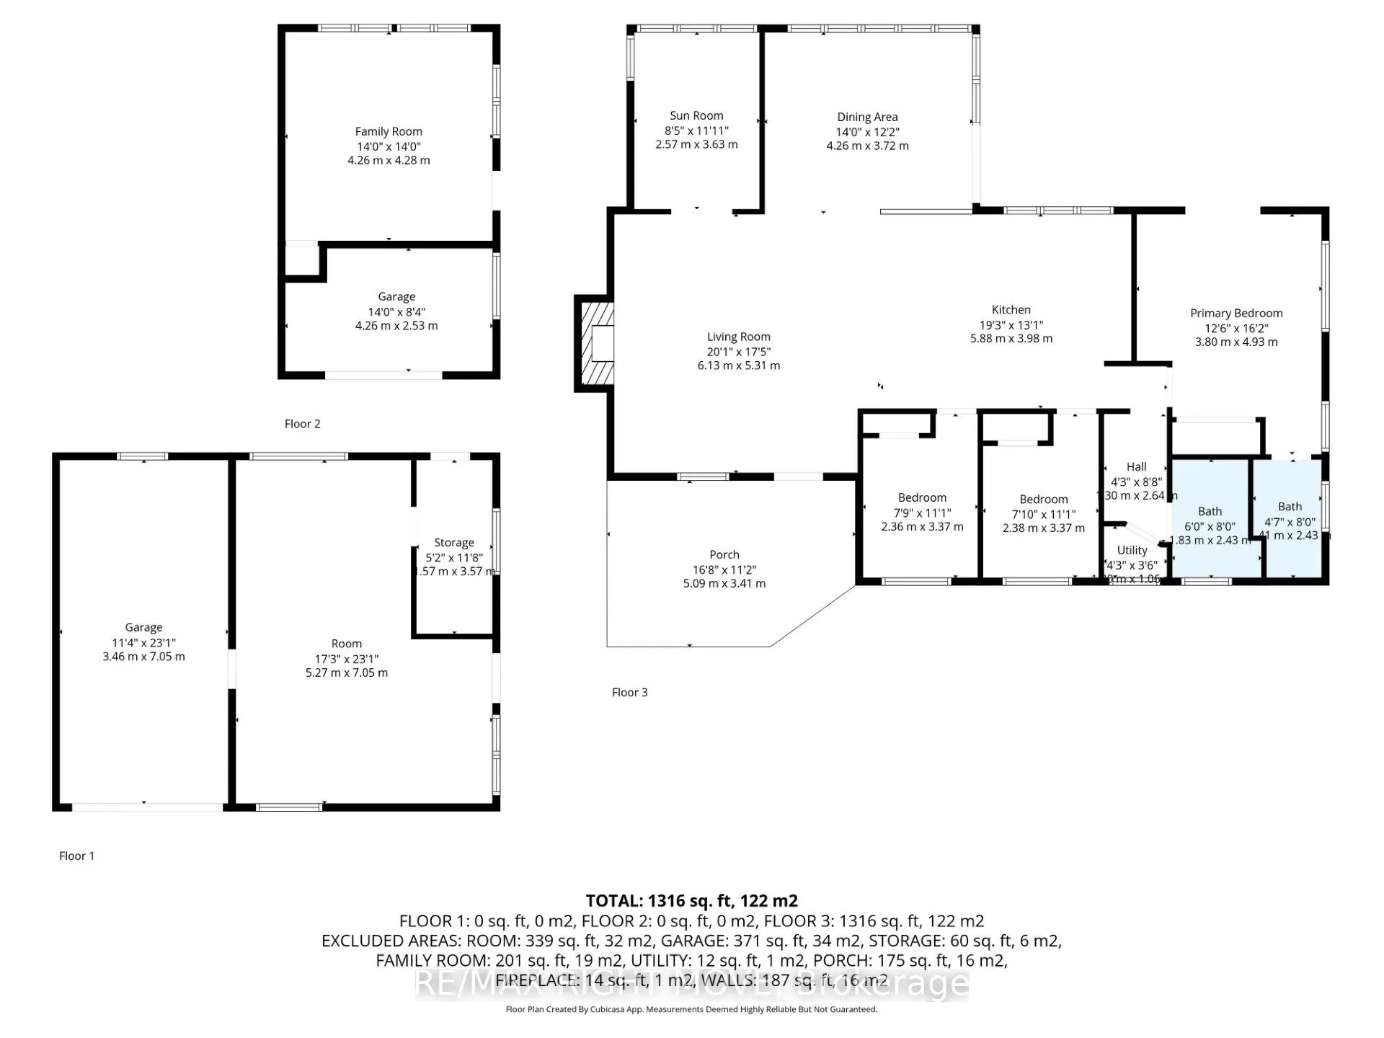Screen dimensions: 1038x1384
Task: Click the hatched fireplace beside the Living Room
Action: click(x=595, y=343)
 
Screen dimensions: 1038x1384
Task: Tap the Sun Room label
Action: click(x=696, y=115)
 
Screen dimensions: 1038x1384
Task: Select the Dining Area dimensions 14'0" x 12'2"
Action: click(x=867, y=132)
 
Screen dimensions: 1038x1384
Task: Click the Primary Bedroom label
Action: click(x=1236, y=313)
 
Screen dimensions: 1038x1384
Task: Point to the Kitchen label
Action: click(x=1011, y=309)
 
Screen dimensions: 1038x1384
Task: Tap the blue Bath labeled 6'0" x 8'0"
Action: click(x=1210, y=512)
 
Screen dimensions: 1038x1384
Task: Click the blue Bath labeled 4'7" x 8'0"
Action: click(x=1290, y=507)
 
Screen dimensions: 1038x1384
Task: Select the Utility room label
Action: click(x=1132, y=550)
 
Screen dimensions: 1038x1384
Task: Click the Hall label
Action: click(x=1136, y=467)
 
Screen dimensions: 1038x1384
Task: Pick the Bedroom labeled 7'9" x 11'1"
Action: click(x=922, y=497)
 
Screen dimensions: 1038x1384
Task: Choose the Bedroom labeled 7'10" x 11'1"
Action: click(x=1043, y=500)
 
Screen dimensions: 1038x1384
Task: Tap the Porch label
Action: click(x=724, y=554)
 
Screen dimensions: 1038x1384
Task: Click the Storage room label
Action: click(x=453, y=543)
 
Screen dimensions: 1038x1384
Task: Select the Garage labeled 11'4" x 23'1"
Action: click(x=143, y=627)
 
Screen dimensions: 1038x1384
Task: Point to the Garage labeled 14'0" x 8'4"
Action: click(x=396, y=296)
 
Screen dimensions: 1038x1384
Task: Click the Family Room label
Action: click(x=389, y=131)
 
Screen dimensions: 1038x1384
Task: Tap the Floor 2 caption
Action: click(x=302, y=424)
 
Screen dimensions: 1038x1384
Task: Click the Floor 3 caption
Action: click(x=629, y=692)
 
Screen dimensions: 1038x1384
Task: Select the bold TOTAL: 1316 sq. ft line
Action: click(x=691, y=900)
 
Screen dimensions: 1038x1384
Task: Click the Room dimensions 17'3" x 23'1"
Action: click(x=346, y=658)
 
